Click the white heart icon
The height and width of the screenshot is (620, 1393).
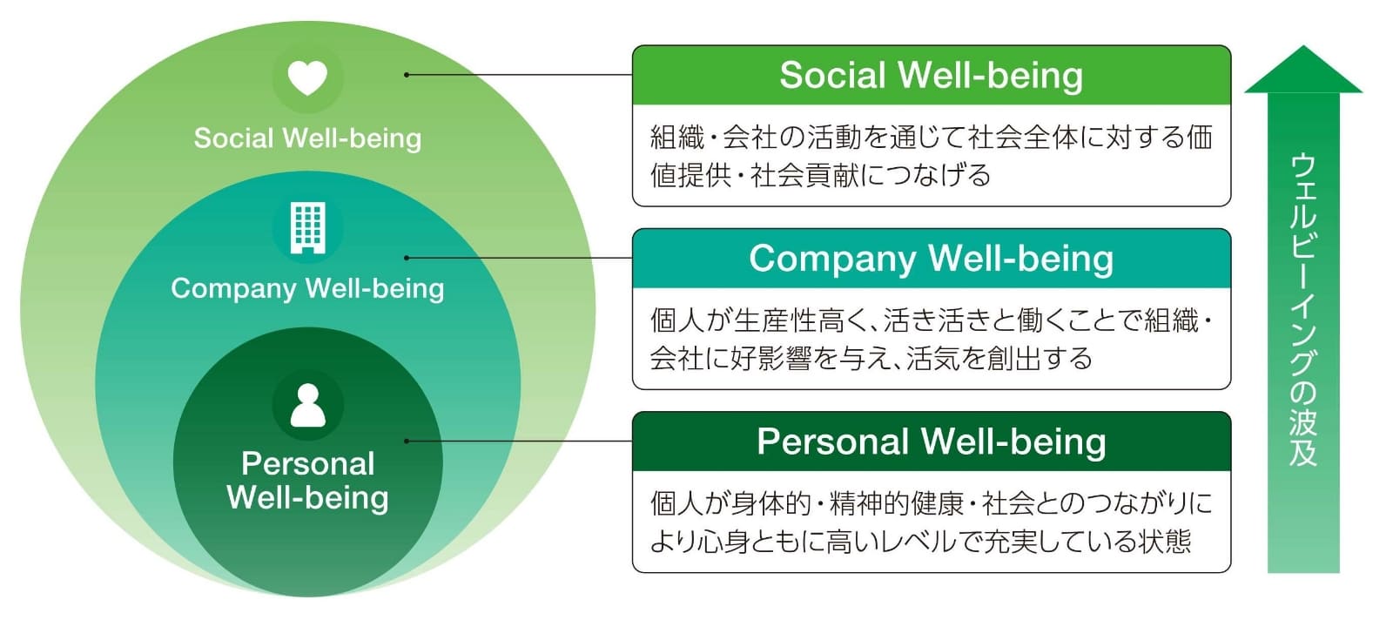pyautogui.click(x=307, y=77)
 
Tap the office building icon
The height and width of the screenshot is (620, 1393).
pyautogui.click(x=307, y=227)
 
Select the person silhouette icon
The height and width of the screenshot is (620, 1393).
pyautogui.click(x=307, y=405)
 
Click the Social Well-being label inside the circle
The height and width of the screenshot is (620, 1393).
pyautogui.click(x=307, y=138)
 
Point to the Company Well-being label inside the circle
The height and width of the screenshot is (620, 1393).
pyautogui.click(x=307, y=288)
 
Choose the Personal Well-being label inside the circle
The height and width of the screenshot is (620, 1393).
pyautogui.click(x=307, y=481)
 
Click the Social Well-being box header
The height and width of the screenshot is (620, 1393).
pyautogui.click(x=931, y=76)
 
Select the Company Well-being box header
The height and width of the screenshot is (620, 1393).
pyautogui.click(x=931, y=259)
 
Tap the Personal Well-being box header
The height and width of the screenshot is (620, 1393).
pyautogui.click(x=931, y=441)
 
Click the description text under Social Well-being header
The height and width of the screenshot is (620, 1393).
pyautogui.click(x=931, y=156)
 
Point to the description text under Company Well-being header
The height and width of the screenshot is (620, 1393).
pyautogui.click(x=931, y=339)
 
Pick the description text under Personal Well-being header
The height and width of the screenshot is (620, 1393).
pyautogui.click(x=931, y=522)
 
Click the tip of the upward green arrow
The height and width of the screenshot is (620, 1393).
pyautogui.click(x=1302, y=50)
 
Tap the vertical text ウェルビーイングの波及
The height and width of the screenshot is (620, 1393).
pyautogui.click(x=1302, y=309)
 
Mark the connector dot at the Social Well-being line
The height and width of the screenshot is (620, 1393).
pyautogui.click(x=407, y=75)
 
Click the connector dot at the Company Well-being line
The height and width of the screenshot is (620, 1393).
pyautogui.click(x=407, y=258)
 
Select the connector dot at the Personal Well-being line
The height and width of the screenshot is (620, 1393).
pyautogui.click(x=407, y=441)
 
